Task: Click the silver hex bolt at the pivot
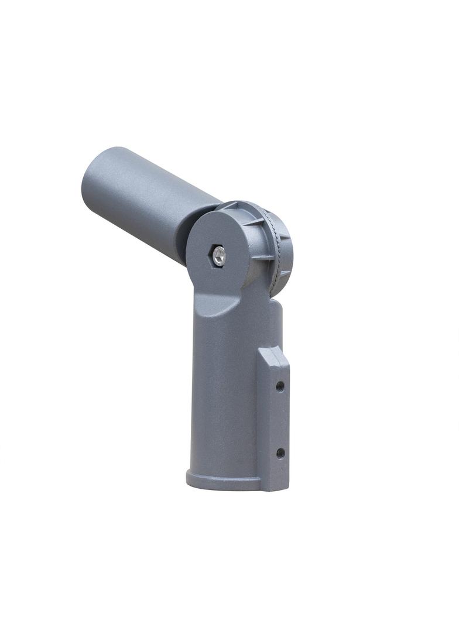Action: [x=218, y=255]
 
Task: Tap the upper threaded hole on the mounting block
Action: [x=280, y=386]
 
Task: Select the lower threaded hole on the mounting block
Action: [x=280, y=452]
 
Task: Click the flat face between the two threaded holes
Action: [x=280, y=419]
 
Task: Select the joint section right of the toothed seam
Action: [x=284, y=252]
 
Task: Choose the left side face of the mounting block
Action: [x=264, y=421]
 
